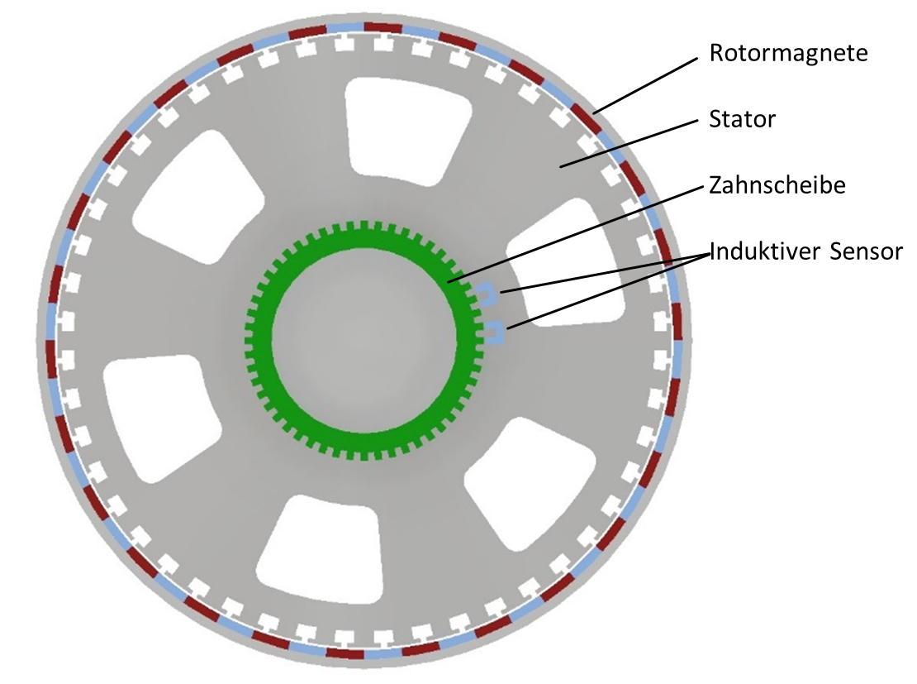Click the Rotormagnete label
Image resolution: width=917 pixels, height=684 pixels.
pyautogui.click(x=788, y=53)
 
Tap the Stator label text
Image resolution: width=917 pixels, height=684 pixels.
pyautogui.click(x=742, y=119)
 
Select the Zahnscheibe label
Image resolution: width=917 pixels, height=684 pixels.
pyautogui.click(x=777, y=185)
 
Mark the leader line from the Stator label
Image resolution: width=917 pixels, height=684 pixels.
pyautogui.click(x=629, y=144)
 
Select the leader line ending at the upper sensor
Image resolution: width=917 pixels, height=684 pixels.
pyautogui.click(x=606, y=272)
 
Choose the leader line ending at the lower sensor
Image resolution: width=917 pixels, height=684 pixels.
pyautogui.click(x=608, y=291)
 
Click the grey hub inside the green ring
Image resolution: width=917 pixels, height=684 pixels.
pyautogui.click(x=364, y=340)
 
